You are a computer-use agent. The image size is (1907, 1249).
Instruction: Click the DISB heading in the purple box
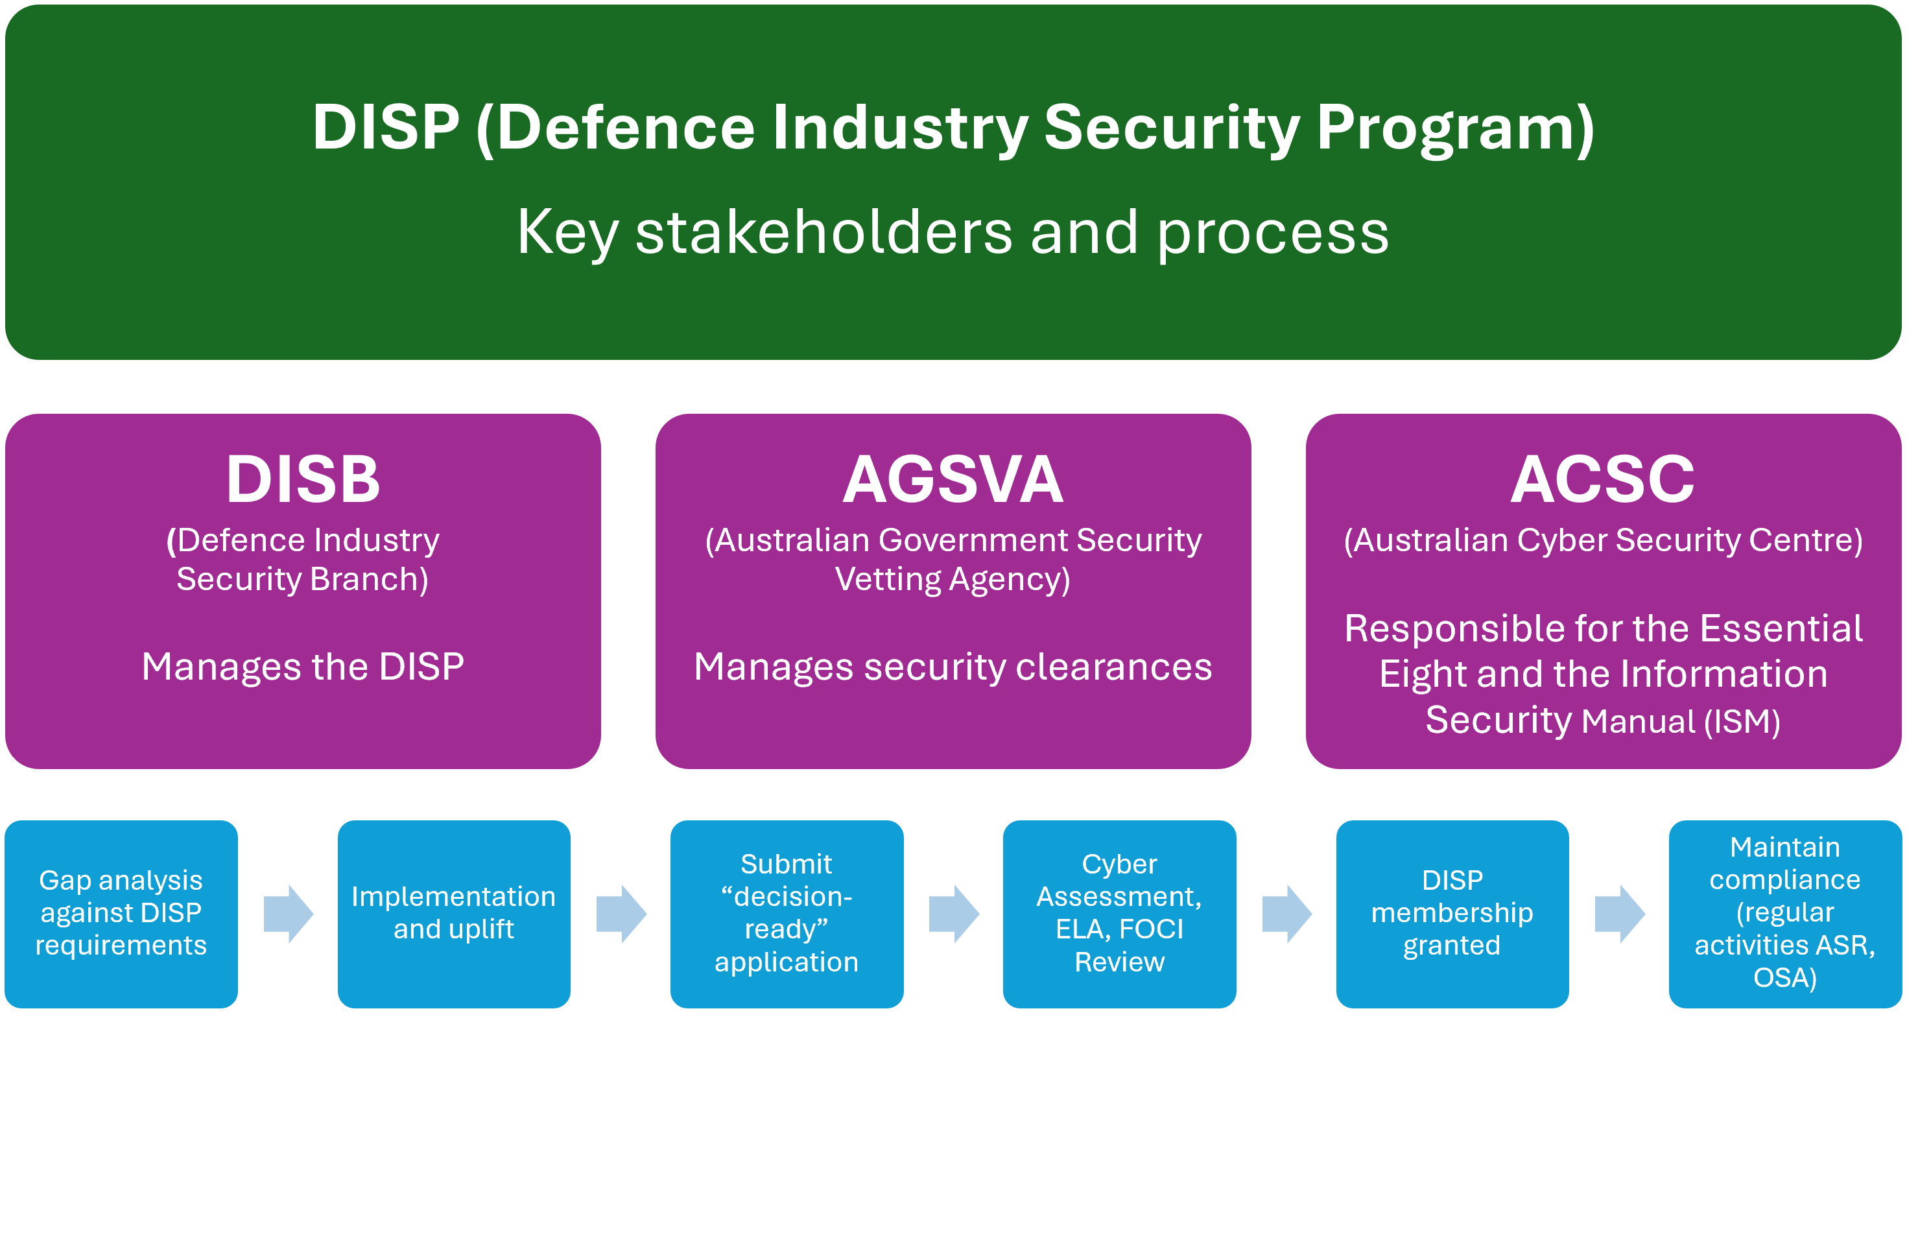pos(303,479)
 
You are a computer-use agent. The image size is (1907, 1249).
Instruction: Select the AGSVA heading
pos(953,479)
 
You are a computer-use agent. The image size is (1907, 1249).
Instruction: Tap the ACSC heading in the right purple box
pos(1602,479)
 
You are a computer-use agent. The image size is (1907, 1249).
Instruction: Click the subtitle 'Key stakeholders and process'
pos(953,232)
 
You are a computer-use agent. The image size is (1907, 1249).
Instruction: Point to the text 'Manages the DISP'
pos(303,667)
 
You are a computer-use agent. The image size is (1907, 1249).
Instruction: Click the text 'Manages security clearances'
pos(953,667)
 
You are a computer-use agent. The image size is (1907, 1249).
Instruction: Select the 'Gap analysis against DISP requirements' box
pos(121,913)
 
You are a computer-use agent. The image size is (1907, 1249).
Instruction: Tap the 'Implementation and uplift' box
pos(453,913)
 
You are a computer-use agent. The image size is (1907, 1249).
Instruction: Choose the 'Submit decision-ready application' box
pos(786,913)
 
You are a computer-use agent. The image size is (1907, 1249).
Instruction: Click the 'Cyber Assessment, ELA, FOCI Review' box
pos(1119,913)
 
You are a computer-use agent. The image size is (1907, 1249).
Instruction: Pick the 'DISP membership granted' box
pos(1452,913)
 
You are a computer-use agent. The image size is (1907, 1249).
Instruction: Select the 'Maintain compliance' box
pos(1784,913)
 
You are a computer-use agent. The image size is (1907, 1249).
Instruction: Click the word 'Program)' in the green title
pos(1455,128)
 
